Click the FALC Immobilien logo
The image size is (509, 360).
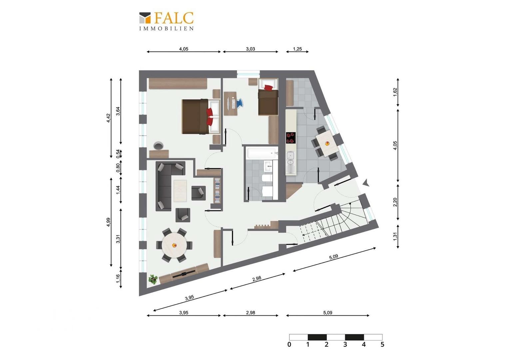click(166, 21)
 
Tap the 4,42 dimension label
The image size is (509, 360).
click(108, 118)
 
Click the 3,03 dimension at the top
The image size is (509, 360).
click(250, 49)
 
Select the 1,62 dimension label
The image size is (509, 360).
click(395, 92)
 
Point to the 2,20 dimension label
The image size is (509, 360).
click(395, 202)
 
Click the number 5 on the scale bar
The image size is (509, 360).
click(382, 345)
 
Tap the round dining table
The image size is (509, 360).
click(174, 245)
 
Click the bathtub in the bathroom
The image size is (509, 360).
click(262, 153)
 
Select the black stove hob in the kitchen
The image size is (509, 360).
click(291, 138)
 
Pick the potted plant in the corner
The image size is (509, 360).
click(153, 279)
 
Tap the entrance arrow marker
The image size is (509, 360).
click(366, 183)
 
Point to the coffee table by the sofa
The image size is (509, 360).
click(180, 191)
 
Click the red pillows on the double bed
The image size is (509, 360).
click(210, 116)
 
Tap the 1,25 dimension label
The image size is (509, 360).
click(297, 49)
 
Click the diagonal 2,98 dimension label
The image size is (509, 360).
click(257, 279)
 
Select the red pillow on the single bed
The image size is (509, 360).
click(268, 88)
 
